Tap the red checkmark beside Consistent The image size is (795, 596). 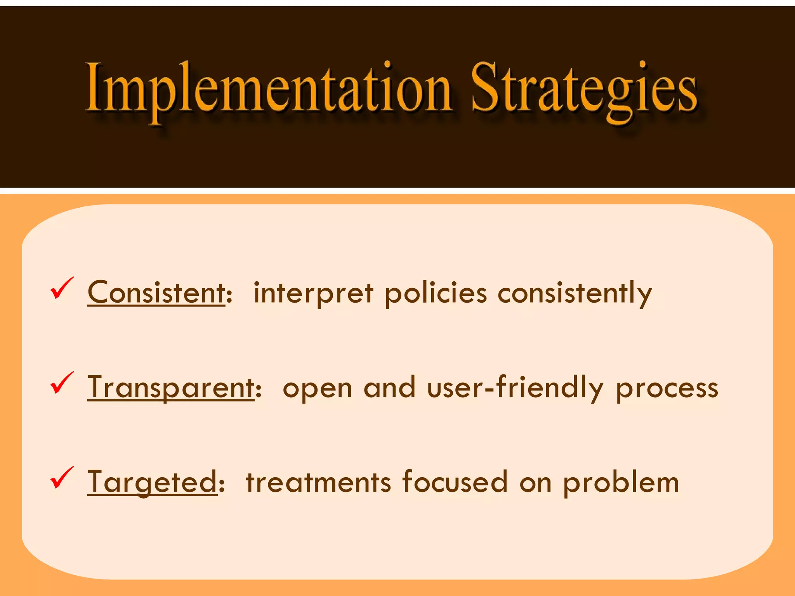coord(61,288)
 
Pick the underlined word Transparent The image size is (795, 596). coord(171,388)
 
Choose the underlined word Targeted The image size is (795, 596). coord(152,482)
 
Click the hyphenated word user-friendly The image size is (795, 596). coord(515,388)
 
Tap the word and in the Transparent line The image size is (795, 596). coord(389,388)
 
